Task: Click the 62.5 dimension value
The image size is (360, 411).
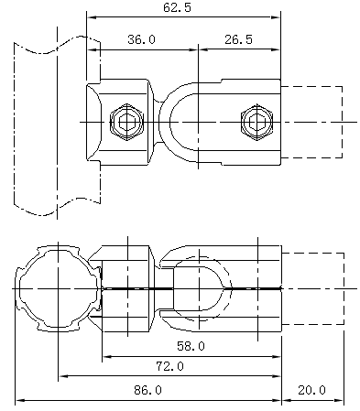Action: point(177,7)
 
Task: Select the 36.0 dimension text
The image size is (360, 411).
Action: point(141,39)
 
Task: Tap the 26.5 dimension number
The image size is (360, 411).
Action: point(238,39)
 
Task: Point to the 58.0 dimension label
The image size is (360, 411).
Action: point(191,346)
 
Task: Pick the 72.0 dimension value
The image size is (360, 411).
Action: point(170,366)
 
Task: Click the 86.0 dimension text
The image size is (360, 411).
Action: point(147,390)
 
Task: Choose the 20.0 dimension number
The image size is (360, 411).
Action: point(311,390)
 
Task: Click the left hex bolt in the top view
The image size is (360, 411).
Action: point(126,122)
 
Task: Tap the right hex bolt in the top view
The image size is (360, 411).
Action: point(256,122)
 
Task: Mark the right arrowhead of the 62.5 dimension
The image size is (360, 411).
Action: point(276,17)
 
